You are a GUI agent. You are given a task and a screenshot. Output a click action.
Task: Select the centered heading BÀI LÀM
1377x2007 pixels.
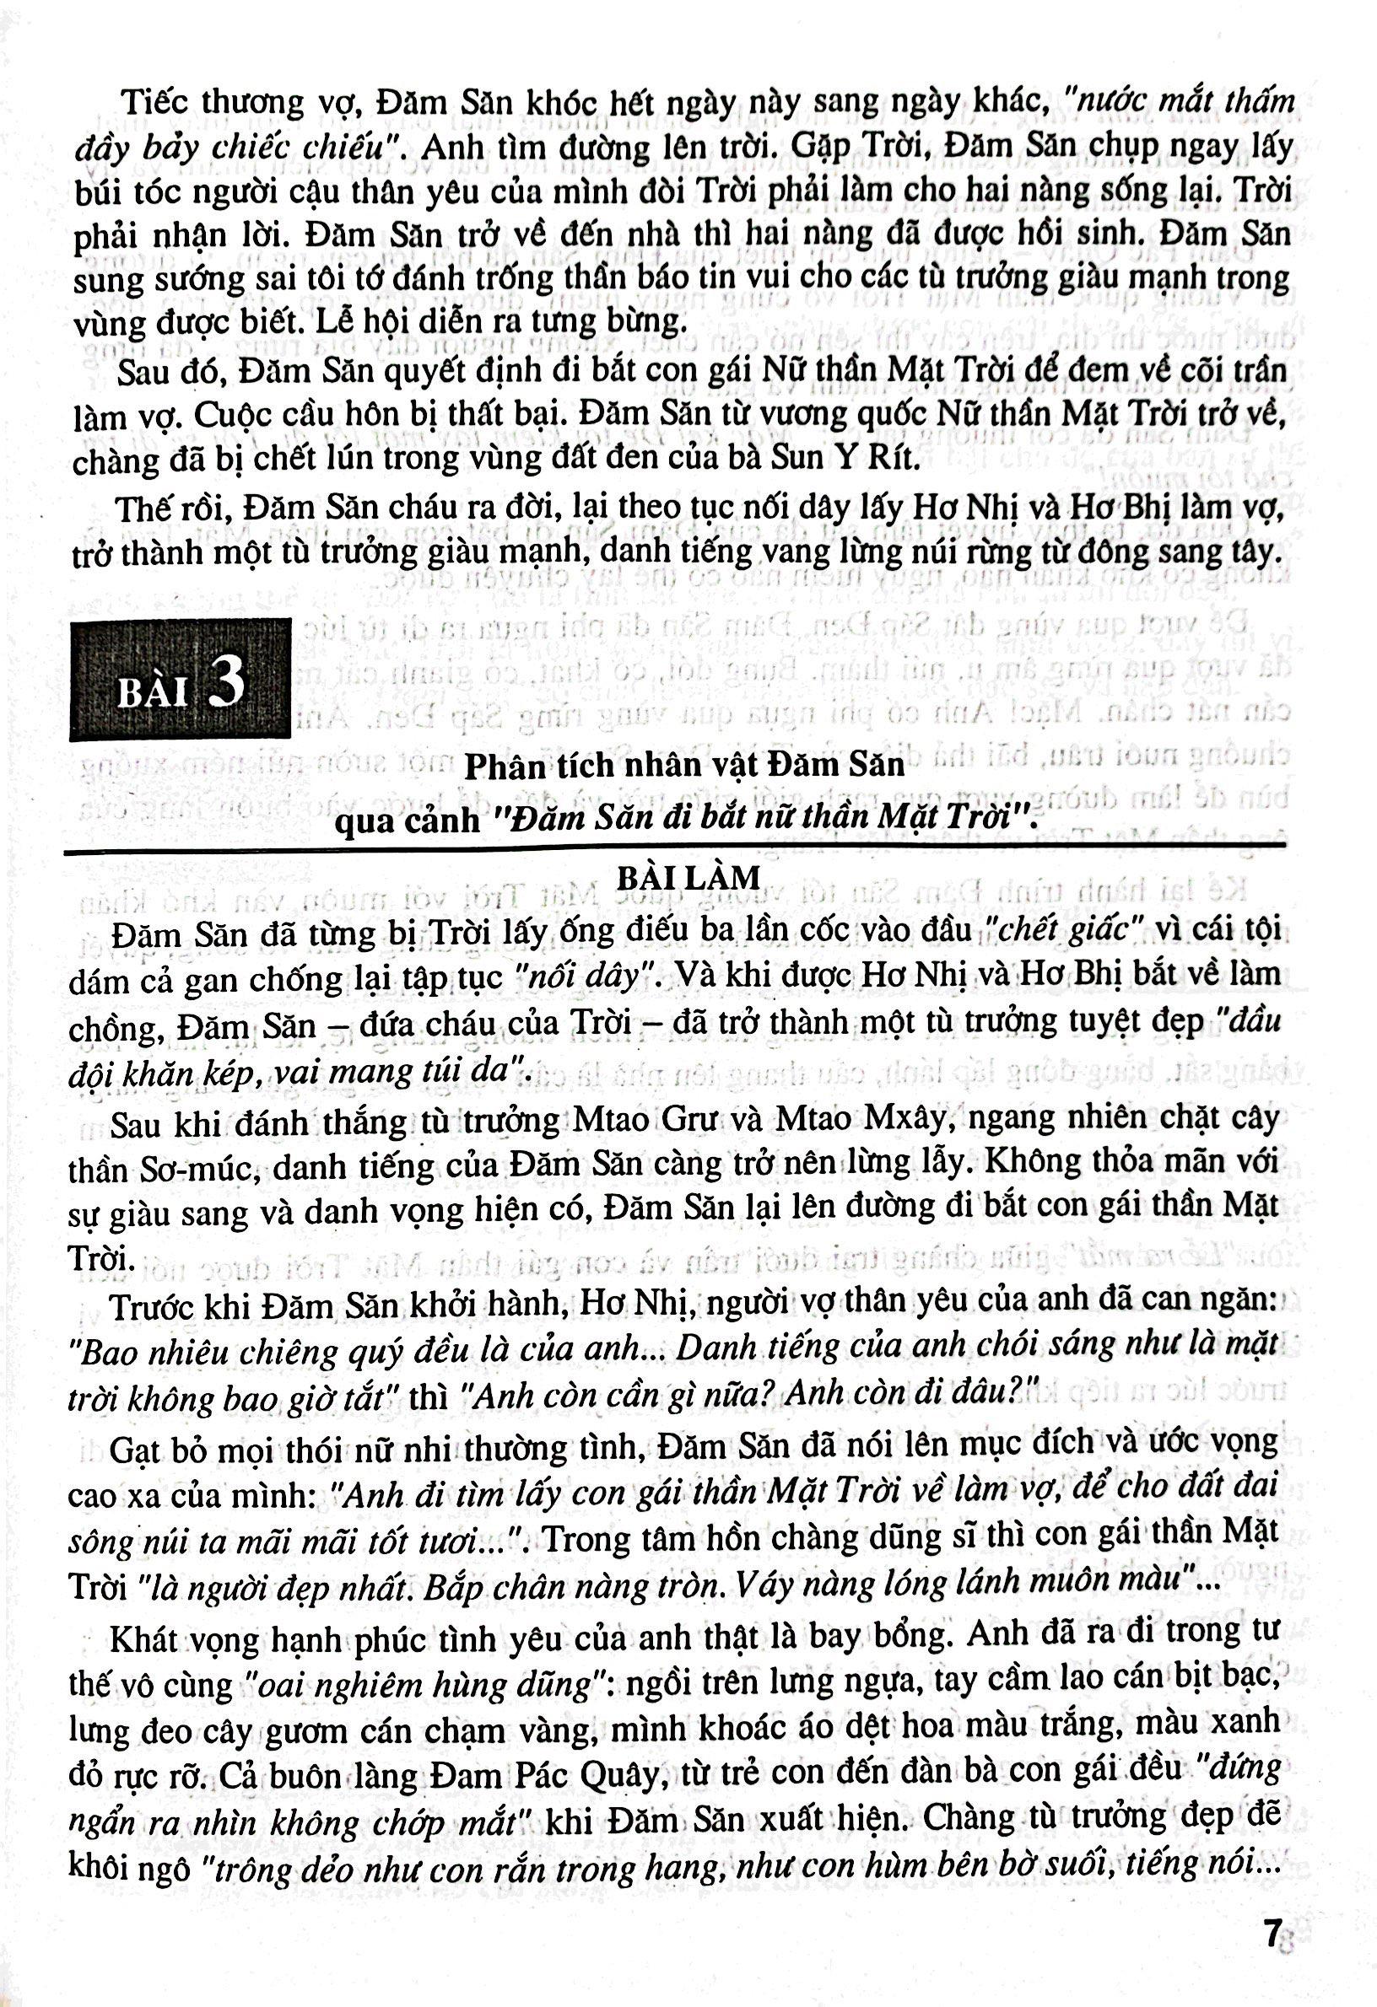688,877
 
